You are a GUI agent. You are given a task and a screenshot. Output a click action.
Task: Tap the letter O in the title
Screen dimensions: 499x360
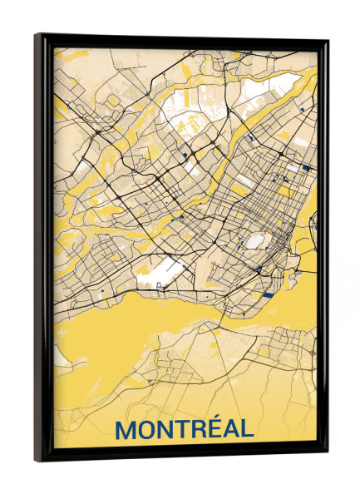click(150, 430)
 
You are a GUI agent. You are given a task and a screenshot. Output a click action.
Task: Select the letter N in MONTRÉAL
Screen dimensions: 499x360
click(170, 430)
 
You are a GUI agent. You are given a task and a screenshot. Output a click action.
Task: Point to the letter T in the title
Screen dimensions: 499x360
click(187, 430)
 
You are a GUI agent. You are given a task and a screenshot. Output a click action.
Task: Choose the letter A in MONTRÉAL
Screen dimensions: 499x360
click(234, 430)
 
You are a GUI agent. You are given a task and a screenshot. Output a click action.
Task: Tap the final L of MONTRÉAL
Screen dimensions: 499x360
click(249, 430)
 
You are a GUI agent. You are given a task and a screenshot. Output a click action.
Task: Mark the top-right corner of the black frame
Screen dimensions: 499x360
click(327, 41)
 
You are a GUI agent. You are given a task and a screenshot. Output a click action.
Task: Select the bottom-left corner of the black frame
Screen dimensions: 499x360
click(35, 459)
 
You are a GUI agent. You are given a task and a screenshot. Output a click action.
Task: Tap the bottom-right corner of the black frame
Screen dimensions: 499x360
click(326, 454)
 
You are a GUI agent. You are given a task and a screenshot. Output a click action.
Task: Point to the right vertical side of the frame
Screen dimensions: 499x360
click(323, 249)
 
